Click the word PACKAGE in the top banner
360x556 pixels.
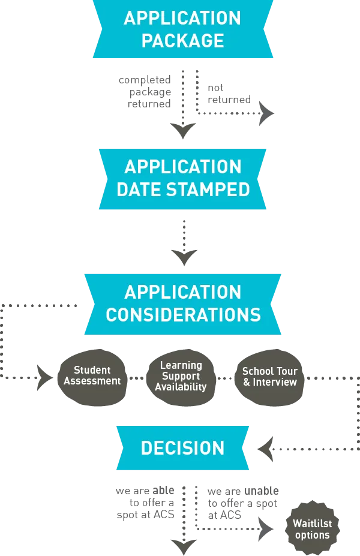pos(182,41)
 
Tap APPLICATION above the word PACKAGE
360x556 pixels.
pos(182,18)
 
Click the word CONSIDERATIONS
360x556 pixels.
pos(183,315)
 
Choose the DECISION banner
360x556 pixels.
pos(182,448)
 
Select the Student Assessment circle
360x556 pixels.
pos(92,376)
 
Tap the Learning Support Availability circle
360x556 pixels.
pos(181,376)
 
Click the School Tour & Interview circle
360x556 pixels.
pos(269,377)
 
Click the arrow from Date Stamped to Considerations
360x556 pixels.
pos(184,240)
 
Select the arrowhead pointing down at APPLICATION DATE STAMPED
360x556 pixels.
pos(182,132)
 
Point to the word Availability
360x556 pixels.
pos(181,387)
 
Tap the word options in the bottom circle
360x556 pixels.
pos(312,535)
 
